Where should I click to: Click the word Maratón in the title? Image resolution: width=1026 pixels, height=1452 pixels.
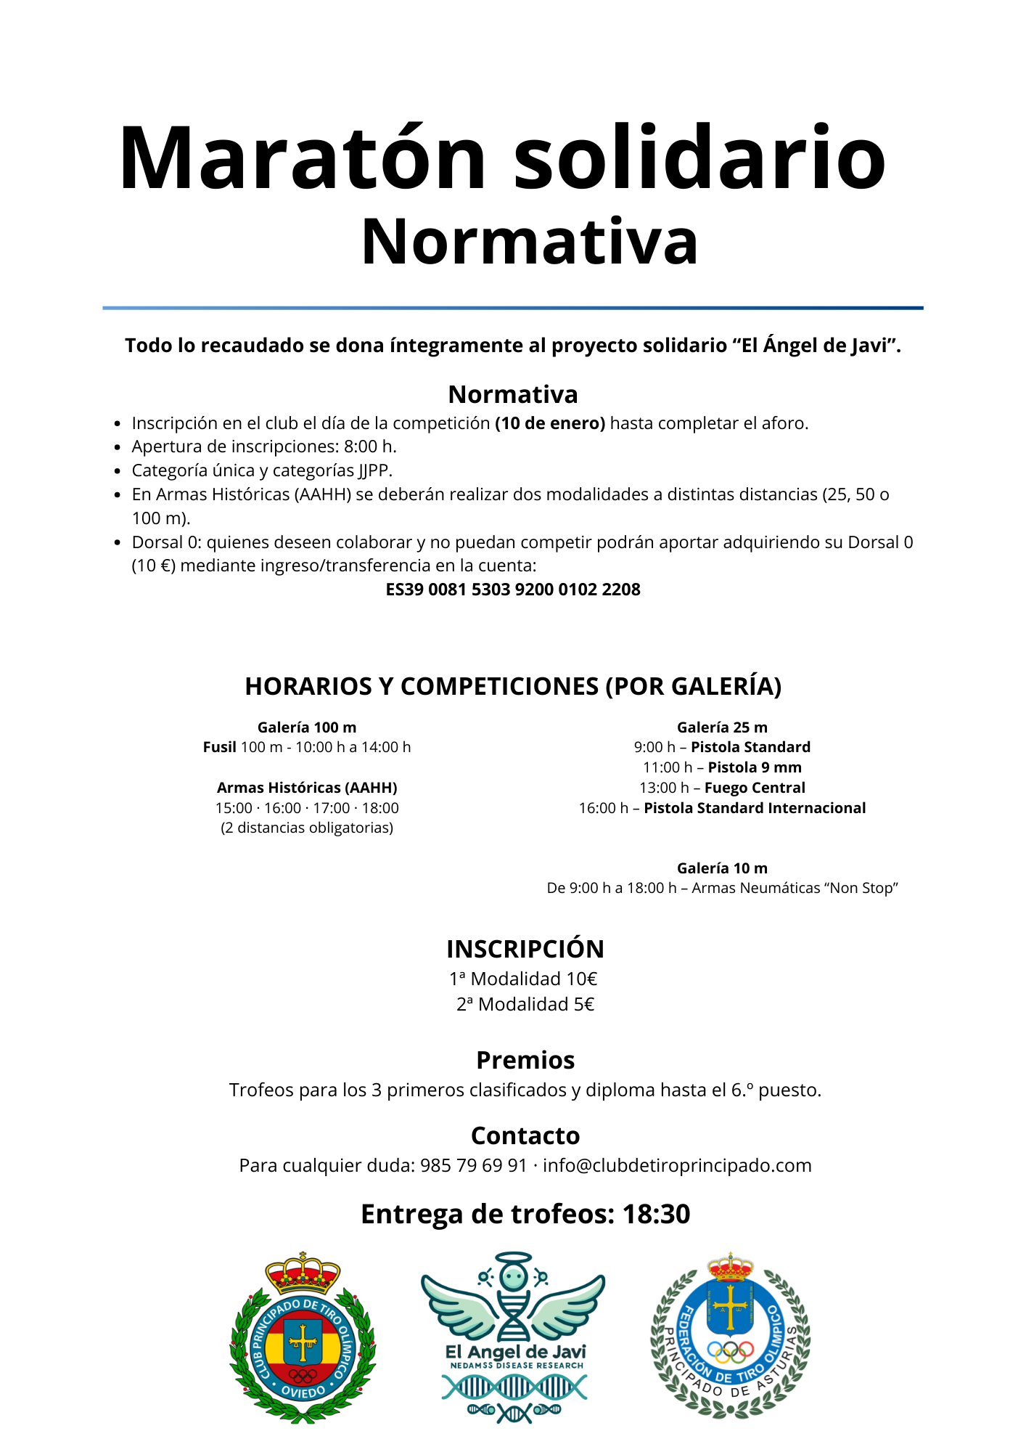point(303,158)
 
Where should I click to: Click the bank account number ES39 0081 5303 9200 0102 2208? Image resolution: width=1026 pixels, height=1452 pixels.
point(513,590)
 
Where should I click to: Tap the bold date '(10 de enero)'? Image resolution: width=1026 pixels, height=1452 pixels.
point(550,423)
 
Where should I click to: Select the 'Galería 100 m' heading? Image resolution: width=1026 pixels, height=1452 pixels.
point(307,727)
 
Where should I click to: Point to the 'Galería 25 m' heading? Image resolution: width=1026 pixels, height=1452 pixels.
point(722,727)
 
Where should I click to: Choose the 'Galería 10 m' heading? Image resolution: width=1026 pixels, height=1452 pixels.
point(722,868)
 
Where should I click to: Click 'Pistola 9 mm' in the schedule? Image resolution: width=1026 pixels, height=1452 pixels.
point(755,767)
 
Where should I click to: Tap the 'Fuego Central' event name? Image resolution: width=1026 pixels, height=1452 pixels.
point(755,788)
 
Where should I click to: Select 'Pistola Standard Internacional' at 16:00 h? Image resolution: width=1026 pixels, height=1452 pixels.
point(755,808)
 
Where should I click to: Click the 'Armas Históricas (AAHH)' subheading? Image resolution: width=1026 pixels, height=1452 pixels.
point(307,788)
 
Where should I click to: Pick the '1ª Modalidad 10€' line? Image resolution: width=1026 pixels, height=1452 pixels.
point(523,979)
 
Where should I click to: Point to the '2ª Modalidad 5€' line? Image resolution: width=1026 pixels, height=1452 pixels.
point(525,1005)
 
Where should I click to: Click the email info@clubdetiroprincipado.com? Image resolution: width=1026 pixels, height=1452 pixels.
point(677,1165)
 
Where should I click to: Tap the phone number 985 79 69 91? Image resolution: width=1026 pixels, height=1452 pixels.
point(474,1165)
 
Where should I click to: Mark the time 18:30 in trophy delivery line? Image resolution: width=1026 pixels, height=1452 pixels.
point(657,1215)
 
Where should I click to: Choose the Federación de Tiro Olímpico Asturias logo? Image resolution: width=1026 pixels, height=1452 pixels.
point(731,1336)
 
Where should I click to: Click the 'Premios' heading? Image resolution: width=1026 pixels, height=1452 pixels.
point(525,1061)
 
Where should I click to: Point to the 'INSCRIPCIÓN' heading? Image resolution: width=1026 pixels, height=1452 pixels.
point(525,950)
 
